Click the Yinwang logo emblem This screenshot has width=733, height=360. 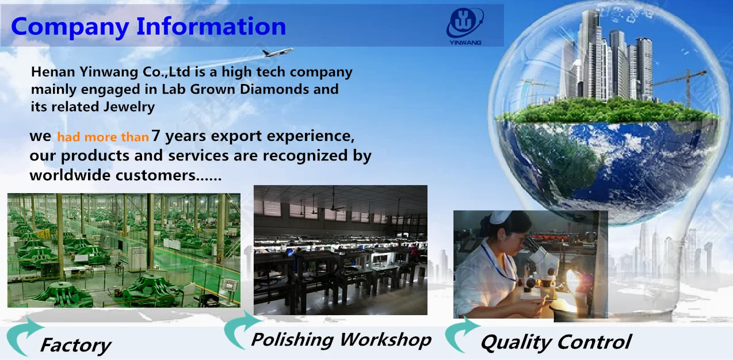465,23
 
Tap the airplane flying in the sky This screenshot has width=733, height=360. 277,52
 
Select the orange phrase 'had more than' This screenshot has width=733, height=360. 103,137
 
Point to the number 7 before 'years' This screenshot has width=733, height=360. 156,135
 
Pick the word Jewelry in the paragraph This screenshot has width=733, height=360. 129,107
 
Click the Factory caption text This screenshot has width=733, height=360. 75,345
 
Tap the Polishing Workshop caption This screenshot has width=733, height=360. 341,339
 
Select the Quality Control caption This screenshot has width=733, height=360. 556,342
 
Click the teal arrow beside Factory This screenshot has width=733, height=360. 24,336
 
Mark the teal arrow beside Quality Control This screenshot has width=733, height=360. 462,335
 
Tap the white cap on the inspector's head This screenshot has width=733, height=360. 499,217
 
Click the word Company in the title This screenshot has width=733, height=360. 70,28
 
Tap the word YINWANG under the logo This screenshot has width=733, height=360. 465,43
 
